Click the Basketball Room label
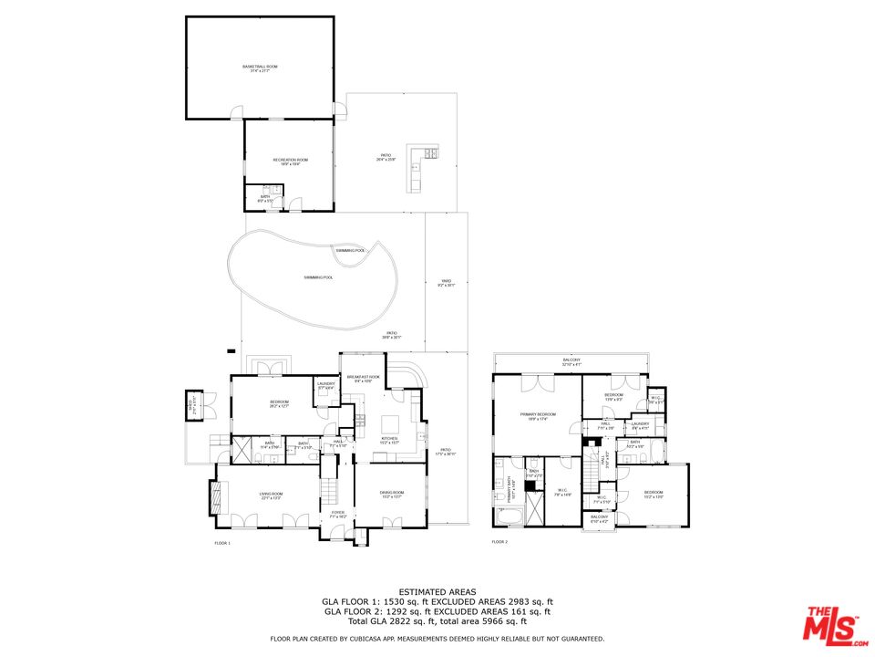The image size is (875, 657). coord(260,68)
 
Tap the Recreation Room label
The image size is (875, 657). coord(290,162)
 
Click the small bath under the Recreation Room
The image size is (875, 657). coord(264,198)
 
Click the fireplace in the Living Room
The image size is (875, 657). coord(216,498)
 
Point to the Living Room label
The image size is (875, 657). coord(270,495)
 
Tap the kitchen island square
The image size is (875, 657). coord(390,424)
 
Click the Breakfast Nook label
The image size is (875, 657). coord(362,379)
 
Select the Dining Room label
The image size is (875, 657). coord(392,495)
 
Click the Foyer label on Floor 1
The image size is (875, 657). coord(337,515)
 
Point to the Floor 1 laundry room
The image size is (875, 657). coord(326,387)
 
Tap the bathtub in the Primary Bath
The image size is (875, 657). coord(509,518)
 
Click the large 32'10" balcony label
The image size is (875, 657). coord(571,361)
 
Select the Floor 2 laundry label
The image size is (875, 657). coord(640,424)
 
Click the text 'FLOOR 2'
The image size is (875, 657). coord(499,542)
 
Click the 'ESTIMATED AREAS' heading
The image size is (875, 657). coord(437,591)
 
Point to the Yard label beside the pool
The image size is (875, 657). coord(447,284)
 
